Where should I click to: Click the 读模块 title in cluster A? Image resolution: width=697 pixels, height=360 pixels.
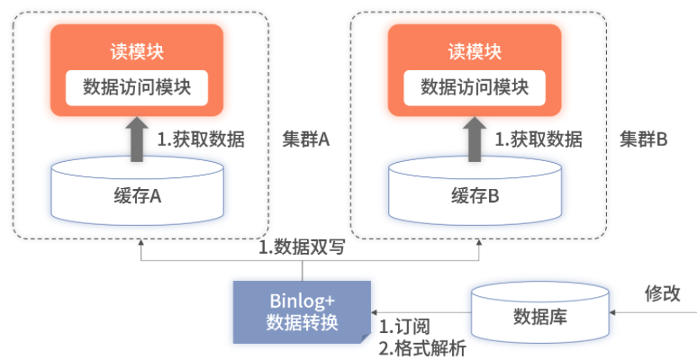click(x=136, y=51)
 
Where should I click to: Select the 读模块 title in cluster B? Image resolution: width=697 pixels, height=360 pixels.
click(x=474, y=51)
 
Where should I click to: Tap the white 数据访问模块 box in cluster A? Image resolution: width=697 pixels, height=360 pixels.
click(x=136, y=87)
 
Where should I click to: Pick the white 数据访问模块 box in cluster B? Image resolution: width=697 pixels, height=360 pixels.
click(x=474, y=87)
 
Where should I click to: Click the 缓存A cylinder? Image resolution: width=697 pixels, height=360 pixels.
click(x=138, y=192)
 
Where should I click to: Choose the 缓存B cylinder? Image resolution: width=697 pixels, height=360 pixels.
click(x=475, y=192)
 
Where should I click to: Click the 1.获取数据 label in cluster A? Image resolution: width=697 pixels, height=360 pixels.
click(x=201, y=140)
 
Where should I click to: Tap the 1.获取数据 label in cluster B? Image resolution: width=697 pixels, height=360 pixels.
click(x=539, y=140)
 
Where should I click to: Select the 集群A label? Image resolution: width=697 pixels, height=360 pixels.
click(x=306, y=140)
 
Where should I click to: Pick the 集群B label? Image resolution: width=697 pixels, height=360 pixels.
click(x=643, y=140)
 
